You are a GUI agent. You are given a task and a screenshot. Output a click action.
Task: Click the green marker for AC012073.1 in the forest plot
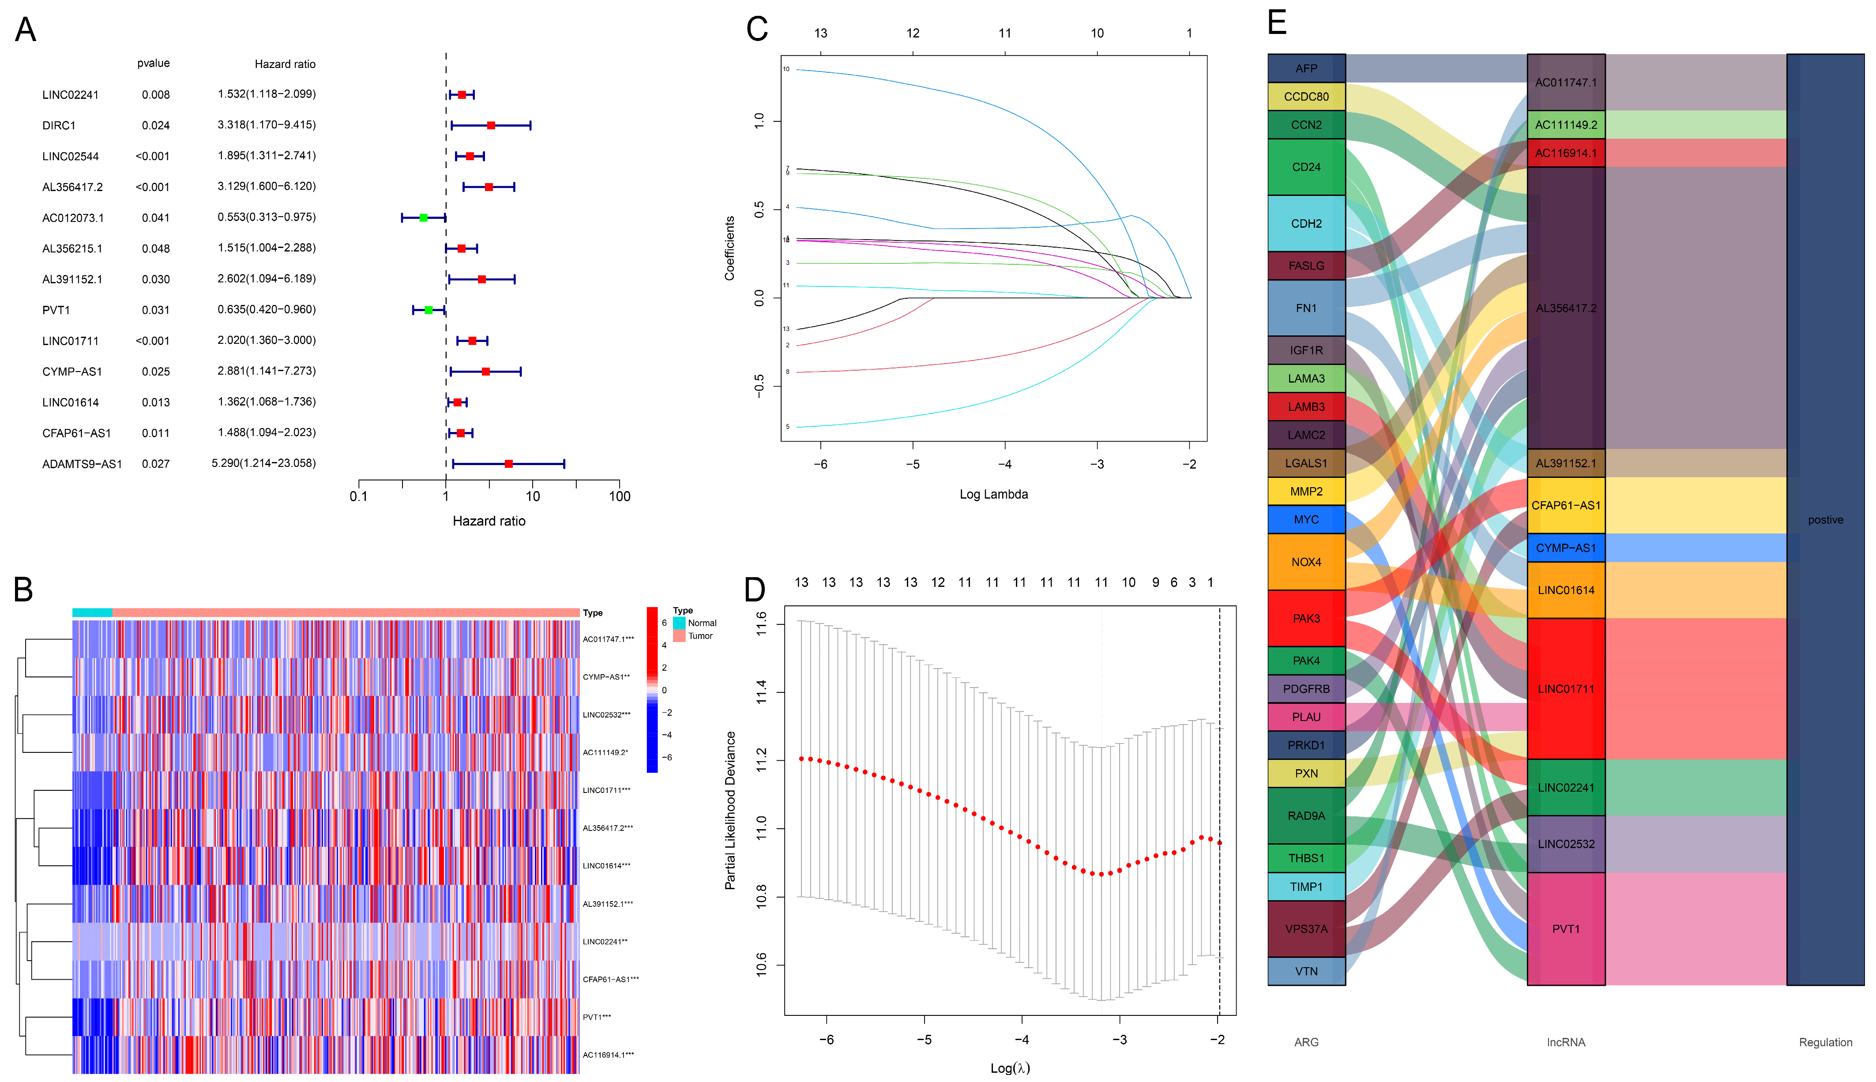click(x=424, y=218)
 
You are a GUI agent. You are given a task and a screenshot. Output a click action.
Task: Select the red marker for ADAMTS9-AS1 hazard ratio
click(x=508, y=464)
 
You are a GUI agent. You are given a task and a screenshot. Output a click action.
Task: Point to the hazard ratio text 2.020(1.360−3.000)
click(x=266, y=340)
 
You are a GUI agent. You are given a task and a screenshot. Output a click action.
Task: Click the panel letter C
click(x=756, y=30)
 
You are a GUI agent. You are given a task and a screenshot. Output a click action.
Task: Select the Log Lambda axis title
click(x=993, y=494)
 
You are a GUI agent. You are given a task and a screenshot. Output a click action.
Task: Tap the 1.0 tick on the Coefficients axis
click(x=759, y=120)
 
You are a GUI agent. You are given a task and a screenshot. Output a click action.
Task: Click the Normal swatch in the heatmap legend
click(x=679, y=623)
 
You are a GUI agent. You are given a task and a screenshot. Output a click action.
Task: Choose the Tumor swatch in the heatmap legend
click(x=679, y=636)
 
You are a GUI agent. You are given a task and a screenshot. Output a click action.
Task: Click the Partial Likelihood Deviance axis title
click(x=730, y=810)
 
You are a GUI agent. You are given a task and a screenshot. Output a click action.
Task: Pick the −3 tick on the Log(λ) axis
click(x=1120, y=1040)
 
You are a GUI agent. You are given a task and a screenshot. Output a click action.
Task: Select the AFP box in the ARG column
click(x=1306, y=68)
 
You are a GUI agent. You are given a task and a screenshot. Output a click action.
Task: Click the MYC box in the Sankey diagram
click(x=1306, y=519)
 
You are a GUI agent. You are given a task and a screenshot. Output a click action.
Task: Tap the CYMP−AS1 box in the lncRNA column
click(x=1565, y=548)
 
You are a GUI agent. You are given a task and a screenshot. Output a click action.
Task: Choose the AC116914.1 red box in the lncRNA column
click(x=1565, y=153)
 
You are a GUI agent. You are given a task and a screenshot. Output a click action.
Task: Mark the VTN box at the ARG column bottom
click(x=1306, y=971)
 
